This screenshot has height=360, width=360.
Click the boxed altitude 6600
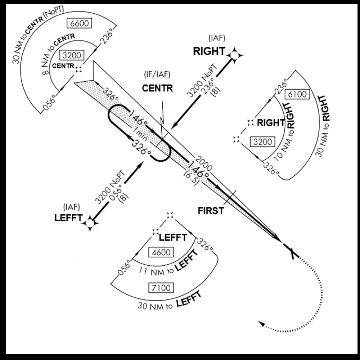pyautogui.click(x=79, y=23)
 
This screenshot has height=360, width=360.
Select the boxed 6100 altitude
pyautogui.click(x=297, y=94)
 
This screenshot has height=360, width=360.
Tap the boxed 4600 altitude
pyautogui.click(x=161, y=252)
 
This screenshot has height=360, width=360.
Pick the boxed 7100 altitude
pyautogui.click(x=161, y=288)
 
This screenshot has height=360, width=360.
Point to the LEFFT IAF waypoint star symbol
pyautogui.click(x=90, y=223)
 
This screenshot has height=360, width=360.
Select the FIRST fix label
pyautogui.click(x=211, y=211)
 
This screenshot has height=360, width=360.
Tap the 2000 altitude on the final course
pyautogui.click(x=204, y=163)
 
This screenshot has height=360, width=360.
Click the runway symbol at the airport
pyautogui.click(x=291, y=250)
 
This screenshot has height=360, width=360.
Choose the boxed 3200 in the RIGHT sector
pyautogui.click(x=262, y=141)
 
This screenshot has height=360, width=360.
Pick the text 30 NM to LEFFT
pyautogui.click(x=169, y=302)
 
